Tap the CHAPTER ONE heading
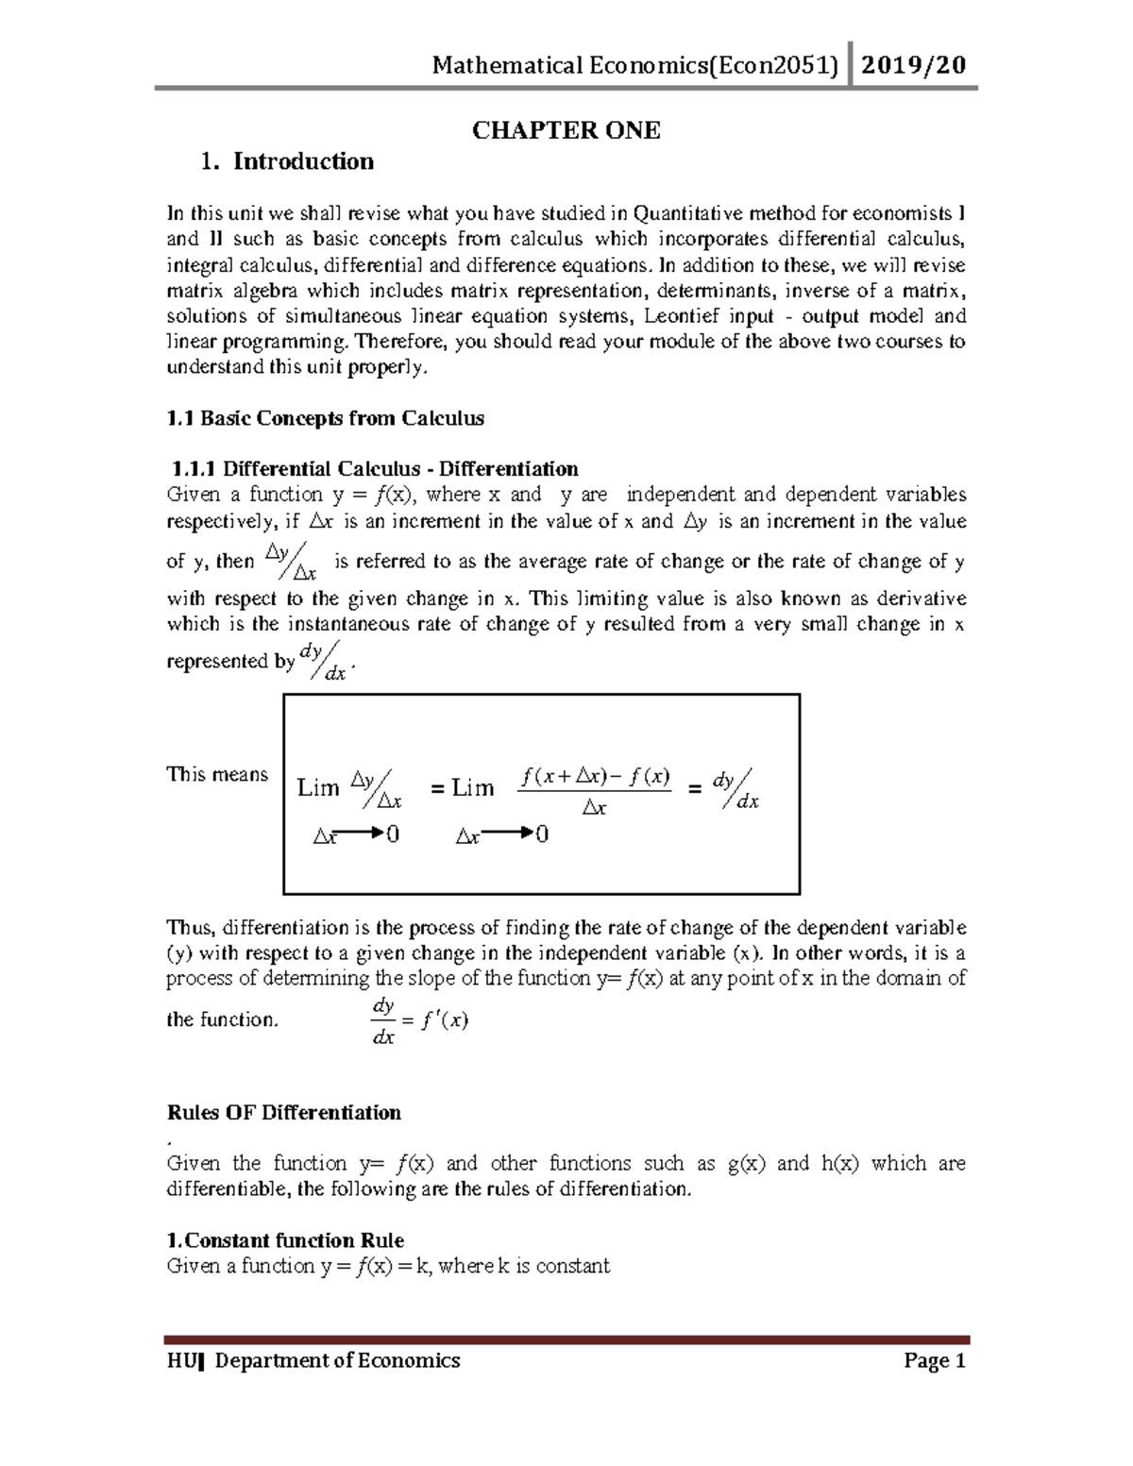click(x=566, y=130)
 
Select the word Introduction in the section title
click(x=303, y=161)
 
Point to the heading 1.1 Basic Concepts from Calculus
click(x=325, y=418)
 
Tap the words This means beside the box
click(x=217, y=774)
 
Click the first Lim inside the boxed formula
click(x=318, y=787)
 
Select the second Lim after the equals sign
click(x=472, y=787)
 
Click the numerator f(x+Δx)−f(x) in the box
click(x=595, y=777)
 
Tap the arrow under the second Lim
click(x=507, y=834)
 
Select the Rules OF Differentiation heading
click(x=283, y=1112)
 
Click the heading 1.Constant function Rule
click(x=285, y=1240)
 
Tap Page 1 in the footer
click(x=934, y=1360)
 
